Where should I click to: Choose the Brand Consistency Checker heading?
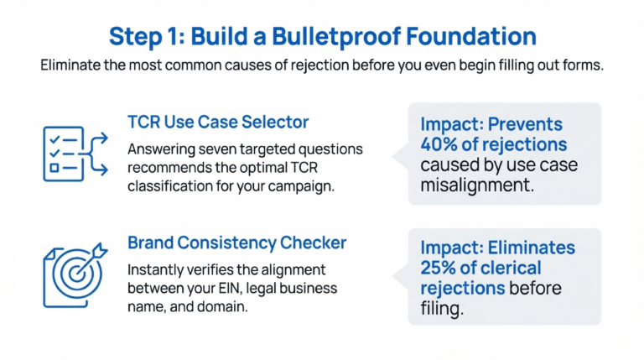pos(236,243)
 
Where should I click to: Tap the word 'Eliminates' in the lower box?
pos(533,248)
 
